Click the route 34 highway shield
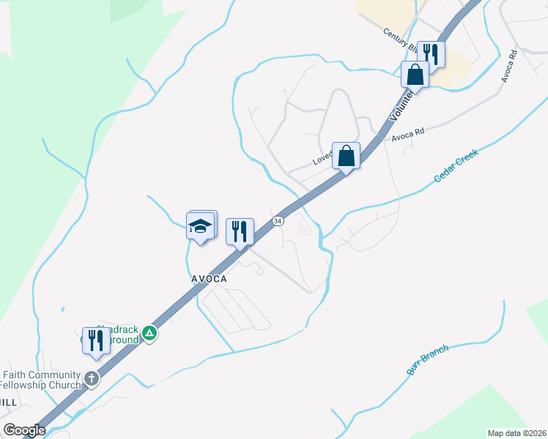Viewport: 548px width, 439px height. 278,221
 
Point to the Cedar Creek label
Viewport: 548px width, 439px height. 456,166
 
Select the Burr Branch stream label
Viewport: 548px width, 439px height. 427,360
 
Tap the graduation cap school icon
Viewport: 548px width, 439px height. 201,226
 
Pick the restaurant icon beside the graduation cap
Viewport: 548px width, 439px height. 240,233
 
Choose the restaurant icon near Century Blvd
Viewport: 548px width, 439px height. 432,55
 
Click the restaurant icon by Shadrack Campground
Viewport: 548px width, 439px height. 96,341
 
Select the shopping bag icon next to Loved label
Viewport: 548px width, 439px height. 347,156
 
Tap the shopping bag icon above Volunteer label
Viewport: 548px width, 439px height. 415,75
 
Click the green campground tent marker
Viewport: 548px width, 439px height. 149,334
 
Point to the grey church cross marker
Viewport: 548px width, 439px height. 91,378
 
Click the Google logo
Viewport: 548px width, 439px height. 23,430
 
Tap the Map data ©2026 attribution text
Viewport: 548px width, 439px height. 516,433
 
